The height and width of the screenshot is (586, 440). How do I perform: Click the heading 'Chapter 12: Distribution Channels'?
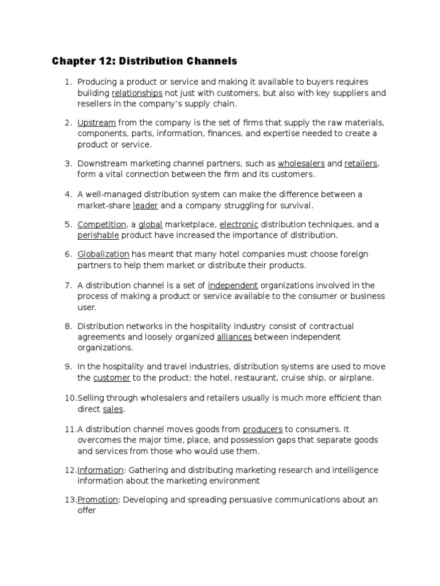point(144,61)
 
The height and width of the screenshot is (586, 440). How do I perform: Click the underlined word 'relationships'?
point(137,93)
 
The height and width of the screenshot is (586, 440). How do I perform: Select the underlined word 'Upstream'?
point(97,122)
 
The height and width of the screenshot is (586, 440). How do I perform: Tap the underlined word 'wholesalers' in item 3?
point(301,164)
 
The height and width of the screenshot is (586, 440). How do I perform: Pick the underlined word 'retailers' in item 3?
point(361,164)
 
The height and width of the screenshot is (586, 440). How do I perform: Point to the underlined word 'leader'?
point(146,205)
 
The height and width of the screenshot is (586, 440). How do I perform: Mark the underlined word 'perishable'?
point(99,235)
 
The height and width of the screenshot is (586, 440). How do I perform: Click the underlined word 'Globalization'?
point(104,254)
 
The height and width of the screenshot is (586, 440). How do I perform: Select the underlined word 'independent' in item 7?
point(233,285)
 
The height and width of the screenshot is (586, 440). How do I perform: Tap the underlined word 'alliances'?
point(234,337)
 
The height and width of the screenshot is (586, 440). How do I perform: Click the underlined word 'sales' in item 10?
point(113,409)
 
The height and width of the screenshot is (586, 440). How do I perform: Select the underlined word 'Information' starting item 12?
point(100,470)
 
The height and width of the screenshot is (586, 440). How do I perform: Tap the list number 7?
point(67,285)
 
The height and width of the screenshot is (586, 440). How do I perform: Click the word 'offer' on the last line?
point(87,510)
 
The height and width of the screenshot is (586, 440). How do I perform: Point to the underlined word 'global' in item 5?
point(151,224)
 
